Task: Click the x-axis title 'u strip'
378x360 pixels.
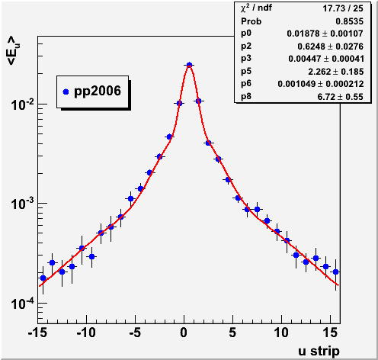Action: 319,351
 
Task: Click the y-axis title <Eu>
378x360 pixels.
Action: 13,50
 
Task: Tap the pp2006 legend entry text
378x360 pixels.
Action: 98,91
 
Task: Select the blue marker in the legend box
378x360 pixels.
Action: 66,92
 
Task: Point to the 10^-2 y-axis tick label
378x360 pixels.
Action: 22,105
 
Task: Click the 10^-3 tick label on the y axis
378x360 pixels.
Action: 22,204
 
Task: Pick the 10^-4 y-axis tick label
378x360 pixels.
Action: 22,304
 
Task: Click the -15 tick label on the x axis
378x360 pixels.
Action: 38,333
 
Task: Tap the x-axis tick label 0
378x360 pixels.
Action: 184,333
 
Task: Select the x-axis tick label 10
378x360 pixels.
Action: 281,333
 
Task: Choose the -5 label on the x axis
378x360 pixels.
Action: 135,333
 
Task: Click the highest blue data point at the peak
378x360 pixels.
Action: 189,65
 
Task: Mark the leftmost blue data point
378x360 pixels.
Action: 43,278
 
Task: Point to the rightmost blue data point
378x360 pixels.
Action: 335,272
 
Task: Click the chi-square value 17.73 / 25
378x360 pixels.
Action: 343,8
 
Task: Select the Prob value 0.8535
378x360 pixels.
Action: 350,21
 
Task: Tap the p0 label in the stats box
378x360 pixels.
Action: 246,34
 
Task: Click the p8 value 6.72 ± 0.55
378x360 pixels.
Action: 341,97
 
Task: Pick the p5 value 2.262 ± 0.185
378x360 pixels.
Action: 336,72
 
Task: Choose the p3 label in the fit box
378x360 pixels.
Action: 246,58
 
